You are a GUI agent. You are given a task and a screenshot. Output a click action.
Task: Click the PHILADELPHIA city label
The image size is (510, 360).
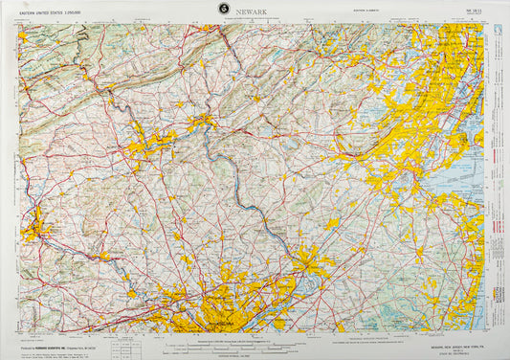213,322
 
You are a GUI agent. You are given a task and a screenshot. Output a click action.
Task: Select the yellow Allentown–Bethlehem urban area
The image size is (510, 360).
148,144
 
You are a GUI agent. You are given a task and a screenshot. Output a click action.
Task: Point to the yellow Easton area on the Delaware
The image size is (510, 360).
203,122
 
